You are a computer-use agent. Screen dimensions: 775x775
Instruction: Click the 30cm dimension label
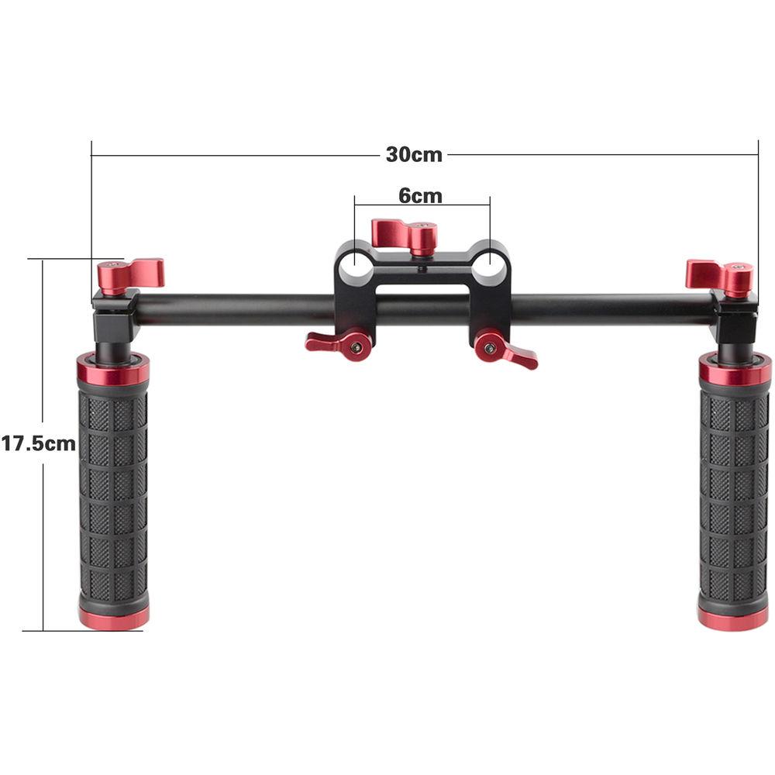click(x=414, y=154)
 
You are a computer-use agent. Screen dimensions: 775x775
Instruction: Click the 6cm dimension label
click(x=420, y=196)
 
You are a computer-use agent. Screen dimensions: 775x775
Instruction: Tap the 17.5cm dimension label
click(x=38, y=443)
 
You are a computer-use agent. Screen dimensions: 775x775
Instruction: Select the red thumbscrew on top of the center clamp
click(x=405, y=234)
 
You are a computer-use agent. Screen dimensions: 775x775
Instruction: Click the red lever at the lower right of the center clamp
click(x=505, y=350)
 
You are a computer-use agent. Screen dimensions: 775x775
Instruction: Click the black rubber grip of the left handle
click(x=113, y=496)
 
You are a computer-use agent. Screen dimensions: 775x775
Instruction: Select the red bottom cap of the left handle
click(x=113, y=618)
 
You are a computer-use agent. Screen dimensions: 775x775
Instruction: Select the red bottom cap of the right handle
click(x=733, y=618)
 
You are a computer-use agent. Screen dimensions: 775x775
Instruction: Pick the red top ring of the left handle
click(x=113, y=370)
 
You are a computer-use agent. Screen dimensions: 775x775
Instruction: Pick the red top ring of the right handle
click(x=735, y=370)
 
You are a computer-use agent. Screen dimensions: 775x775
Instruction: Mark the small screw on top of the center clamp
click(x=421, y=270)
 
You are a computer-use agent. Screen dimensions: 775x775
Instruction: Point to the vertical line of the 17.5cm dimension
click(x=43, y=542)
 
